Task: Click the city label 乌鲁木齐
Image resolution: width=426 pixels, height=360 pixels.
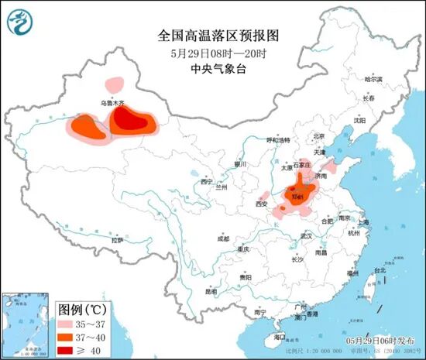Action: tap(112, 102)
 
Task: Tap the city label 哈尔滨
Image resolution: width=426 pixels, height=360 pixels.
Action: tap(373, 79)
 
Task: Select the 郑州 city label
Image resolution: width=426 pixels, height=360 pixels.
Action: tap(297, 199)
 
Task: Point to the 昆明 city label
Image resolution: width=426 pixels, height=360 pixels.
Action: tap(211, 292)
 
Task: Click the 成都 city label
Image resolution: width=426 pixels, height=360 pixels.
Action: tap(223, 238)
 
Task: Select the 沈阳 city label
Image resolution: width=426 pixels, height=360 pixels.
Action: tap(359, 121)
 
